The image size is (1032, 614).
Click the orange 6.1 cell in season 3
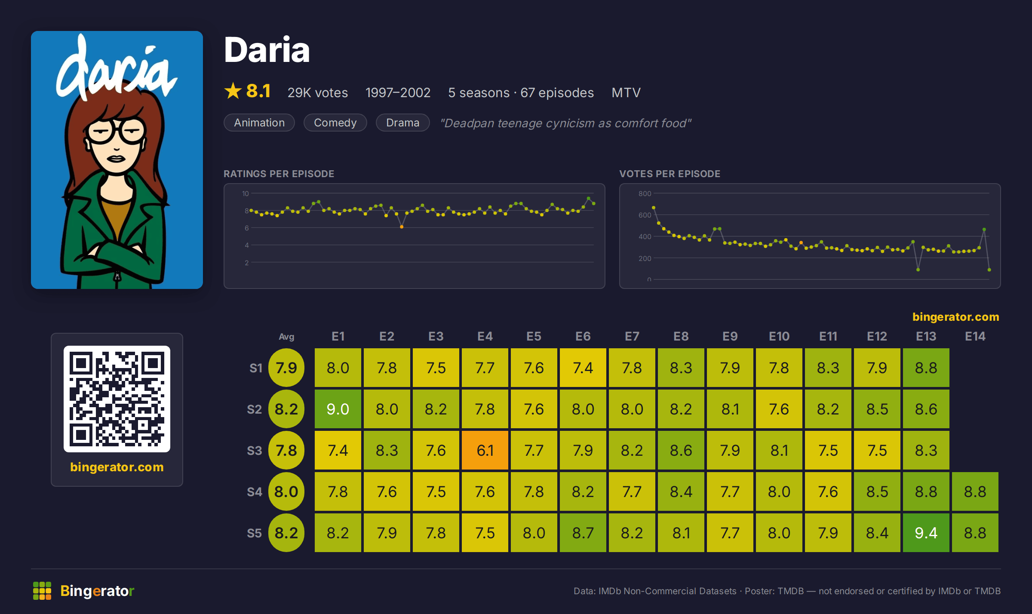pyautogui.click(x=485, y=450)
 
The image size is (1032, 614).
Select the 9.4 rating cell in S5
pyautogui.click(x=926, y=533)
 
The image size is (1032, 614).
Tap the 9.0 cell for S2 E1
pyautogui.click(x=338, y=409)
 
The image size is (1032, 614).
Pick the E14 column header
pyautogui.click(x=975, y=336)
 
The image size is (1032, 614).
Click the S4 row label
pyautogui.click(x=254, y=492)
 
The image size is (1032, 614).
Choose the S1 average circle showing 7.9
pyautogui.click(x=286, y=368)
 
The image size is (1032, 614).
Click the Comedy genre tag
pyautogui.click(x=335, y=123)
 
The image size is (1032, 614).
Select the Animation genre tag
pyautogui.click(x=259, y=123)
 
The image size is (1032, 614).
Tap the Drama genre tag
pyautogui.click(x=403, y=123)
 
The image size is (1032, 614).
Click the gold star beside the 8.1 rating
pyautogui.click(x=233, y=91)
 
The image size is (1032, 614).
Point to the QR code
pyautogui.click(x=117, y=399)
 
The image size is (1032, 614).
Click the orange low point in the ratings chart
pyautogui.click(x=402, y=227)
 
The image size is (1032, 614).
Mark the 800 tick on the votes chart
pyautogui.click(x=645, y=193)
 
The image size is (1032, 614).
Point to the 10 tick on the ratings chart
pyautogui.click(x=245, y=193)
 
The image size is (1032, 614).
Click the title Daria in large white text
pyautogui.click(x=267, y=50)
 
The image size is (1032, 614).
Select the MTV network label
pyautogui.click(x=626, y=92)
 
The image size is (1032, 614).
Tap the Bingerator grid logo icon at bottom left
pyautogui.click(x=42, y=591)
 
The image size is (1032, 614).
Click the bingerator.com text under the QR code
pyautogui.click(x=117, y=467)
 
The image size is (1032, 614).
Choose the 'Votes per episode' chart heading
pyautogui.click(x=670, y=174)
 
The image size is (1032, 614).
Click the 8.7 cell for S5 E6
pyautogui.click(x=583, y=533)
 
